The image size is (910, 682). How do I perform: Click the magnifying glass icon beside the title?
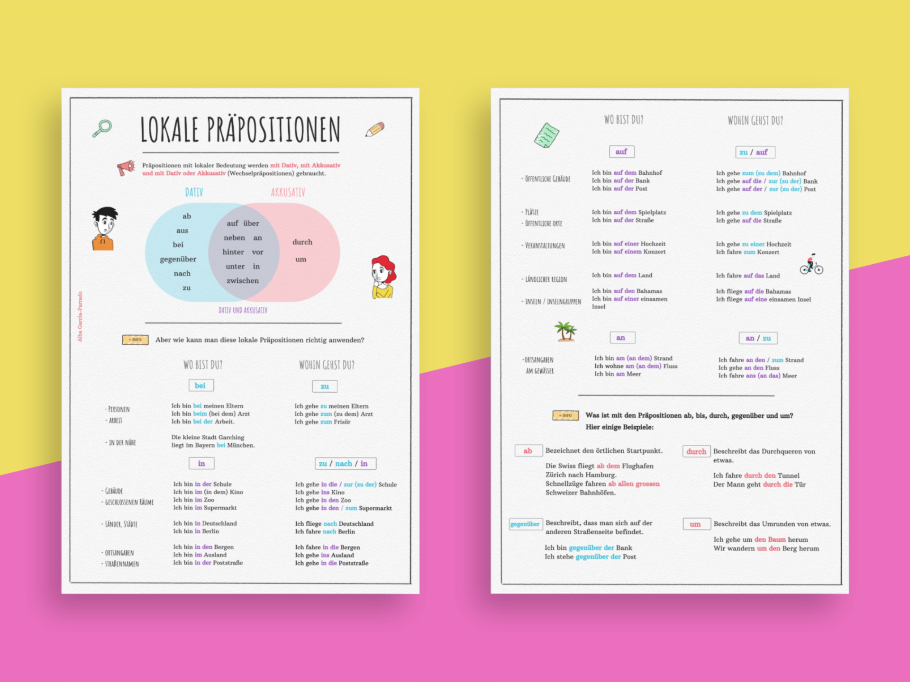tap(102, 128)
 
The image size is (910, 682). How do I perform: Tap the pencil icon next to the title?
tap(375, 129)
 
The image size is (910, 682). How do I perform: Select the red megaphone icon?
tap(126, 168)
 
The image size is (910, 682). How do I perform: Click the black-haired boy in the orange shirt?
tap(104, 228)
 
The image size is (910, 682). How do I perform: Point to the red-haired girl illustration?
tap(383, 277)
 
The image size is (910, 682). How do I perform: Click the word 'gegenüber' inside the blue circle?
tap(178, 259)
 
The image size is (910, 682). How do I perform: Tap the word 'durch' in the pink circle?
tap(302, 242)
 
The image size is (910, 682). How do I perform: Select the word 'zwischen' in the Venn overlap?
tap(243, 280)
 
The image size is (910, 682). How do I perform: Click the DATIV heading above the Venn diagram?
tap(194, 192)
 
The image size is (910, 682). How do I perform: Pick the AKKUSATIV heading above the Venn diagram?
tap(288, 192)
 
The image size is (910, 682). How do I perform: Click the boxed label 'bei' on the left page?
tap(201, 386)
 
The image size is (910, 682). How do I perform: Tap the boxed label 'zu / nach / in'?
tap(345, 463)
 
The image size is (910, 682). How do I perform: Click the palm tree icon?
tap(565, 331)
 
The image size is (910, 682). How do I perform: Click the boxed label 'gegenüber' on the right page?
tap(525, 524)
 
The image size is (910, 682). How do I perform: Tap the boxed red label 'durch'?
tap(696, 451)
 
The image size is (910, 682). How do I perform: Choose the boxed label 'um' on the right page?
tap(696, 524)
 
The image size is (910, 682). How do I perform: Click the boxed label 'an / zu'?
tap(758, 338)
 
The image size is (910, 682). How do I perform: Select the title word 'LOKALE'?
tap(169, 130)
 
